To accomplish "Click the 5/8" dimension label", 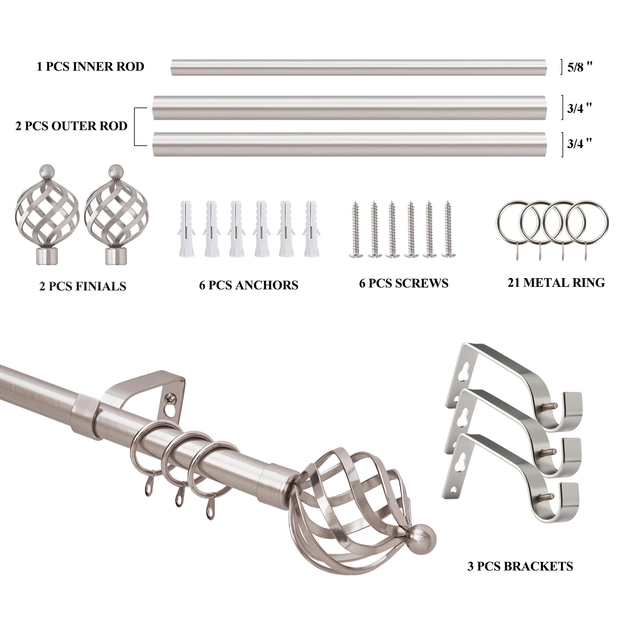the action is pyautogui.click(x=580, y=67).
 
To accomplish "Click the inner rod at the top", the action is pyautogui.click(x=359, y=67).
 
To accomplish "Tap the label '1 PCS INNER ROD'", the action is pyautogui.click(x=90, y=67).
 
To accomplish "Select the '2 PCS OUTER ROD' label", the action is pyautogui.click(x=72, y=126).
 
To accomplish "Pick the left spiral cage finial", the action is pyautogui.click(x=47, y=215).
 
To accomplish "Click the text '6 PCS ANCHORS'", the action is pyautogui.click(x=249, y=285).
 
